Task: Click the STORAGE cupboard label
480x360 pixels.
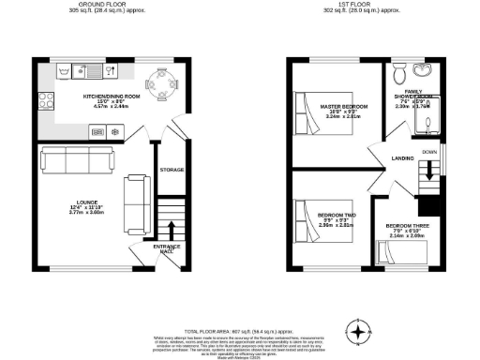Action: (x=172, y=170)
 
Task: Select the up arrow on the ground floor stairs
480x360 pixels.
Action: (x=172, y=231)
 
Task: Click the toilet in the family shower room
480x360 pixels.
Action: (x=399, y=72)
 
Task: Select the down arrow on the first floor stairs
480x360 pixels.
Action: (x=429, y=170)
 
